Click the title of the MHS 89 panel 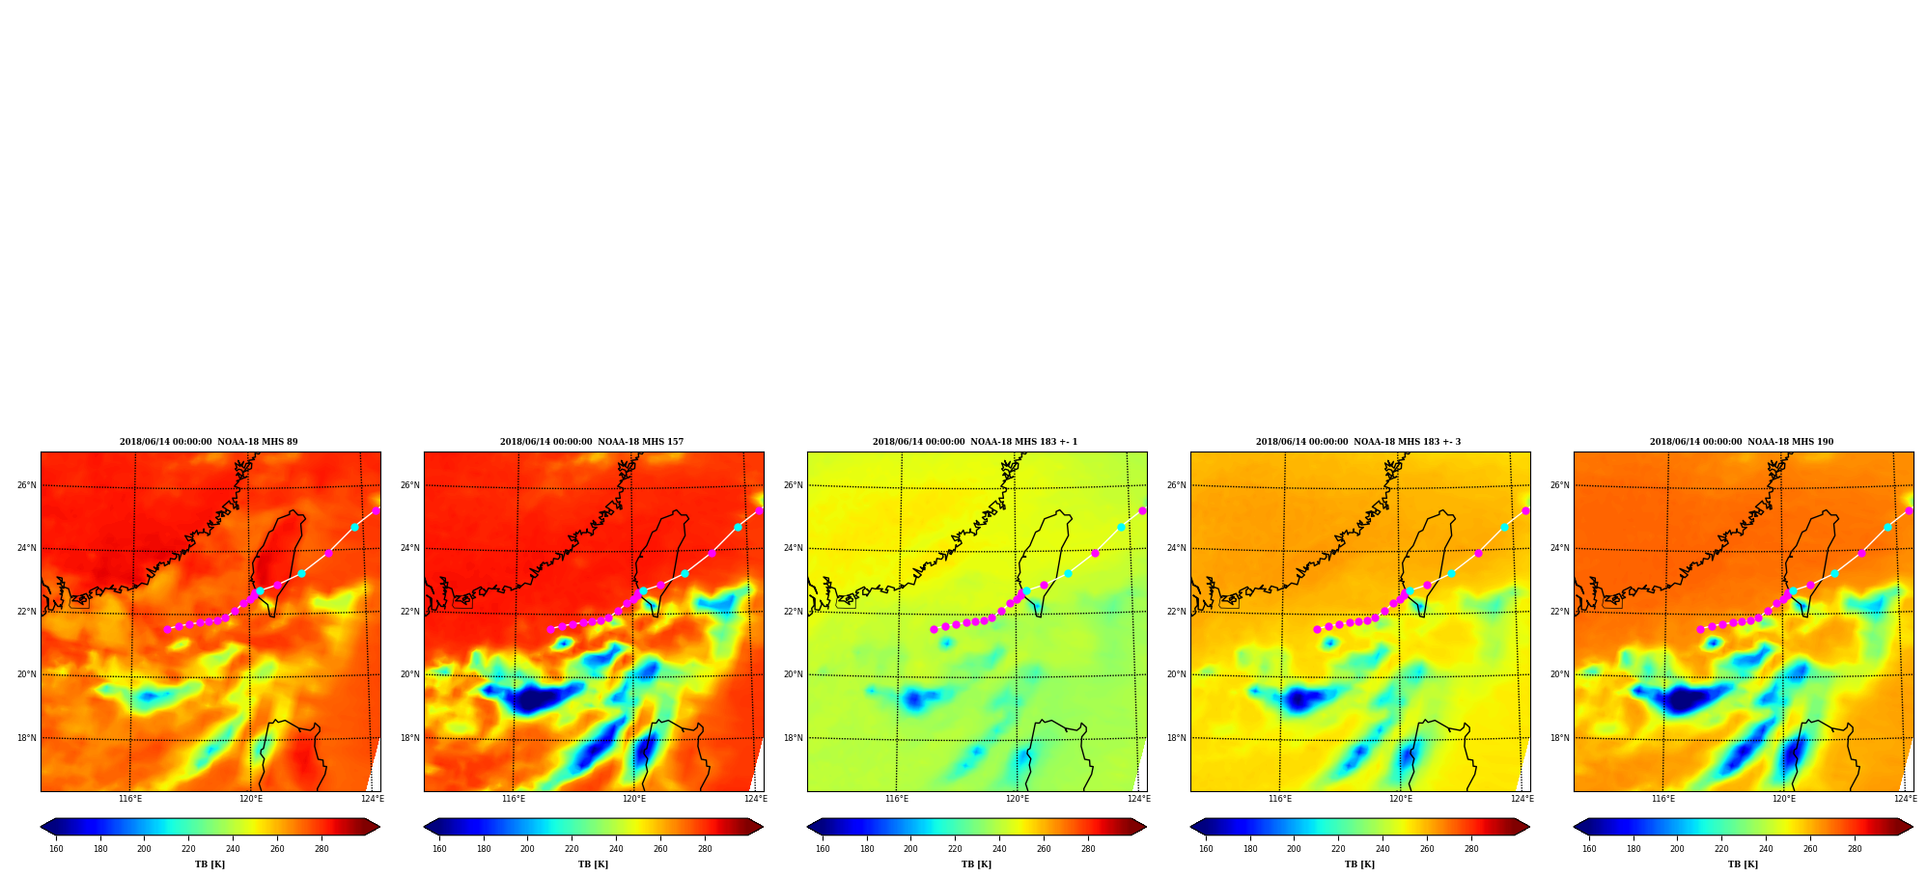tap(209, 442)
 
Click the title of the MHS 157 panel tap(592, 442)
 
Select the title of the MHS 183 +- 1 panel tap(975, 442)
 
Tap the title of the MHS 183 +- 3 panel tap(1358, 442)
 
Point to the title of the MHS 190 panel tap(1742, 442)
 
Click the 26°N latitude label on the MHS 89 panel tap(26, 485)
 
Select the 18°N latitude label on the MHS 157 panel tap(409, 738)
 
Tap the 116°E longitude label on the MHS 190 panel tap(1663, 799)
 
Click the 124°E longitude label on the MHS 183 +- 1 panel tap(1139, 799)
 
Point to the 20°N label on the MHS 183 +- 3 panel tap(1176, 674)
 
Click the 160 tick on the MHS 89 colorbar tap(56, 849)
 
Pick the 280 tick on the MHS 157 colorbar tap(705, 849)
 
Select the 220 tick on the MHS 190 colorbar tap(1721, 849)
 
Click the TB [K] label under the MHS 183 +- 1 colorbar tap(976, 864)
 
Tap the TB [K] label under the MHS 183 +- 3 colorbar tap(1359, 864)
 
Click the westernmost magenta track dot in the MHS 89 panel tap(167, 629)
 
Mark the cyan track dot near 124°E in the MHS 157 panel tap(738, 527)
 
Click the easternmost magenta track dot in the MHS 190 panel tap(1909, 510)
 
